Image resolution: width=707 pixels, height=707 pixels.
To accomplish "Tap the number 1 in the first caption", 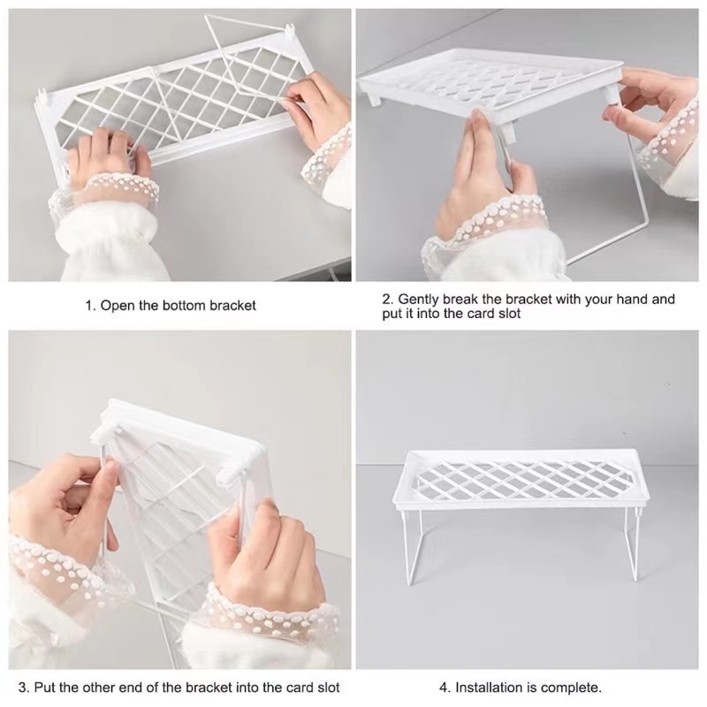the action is click(x=89, y=306).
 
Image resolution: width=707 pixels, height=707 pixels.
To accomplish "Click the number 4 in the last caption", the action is click(x=444, y=688).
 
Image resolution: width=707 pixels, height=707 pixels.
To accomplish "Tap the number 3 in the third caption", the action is click(x=23, y=688).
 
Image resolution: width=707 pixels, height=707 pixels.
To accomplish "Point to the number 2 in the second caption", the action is click(x=386, y=299).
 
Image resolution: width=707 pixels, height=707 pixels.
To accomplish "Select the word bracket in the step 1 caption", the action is click(x=232, y=306).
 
